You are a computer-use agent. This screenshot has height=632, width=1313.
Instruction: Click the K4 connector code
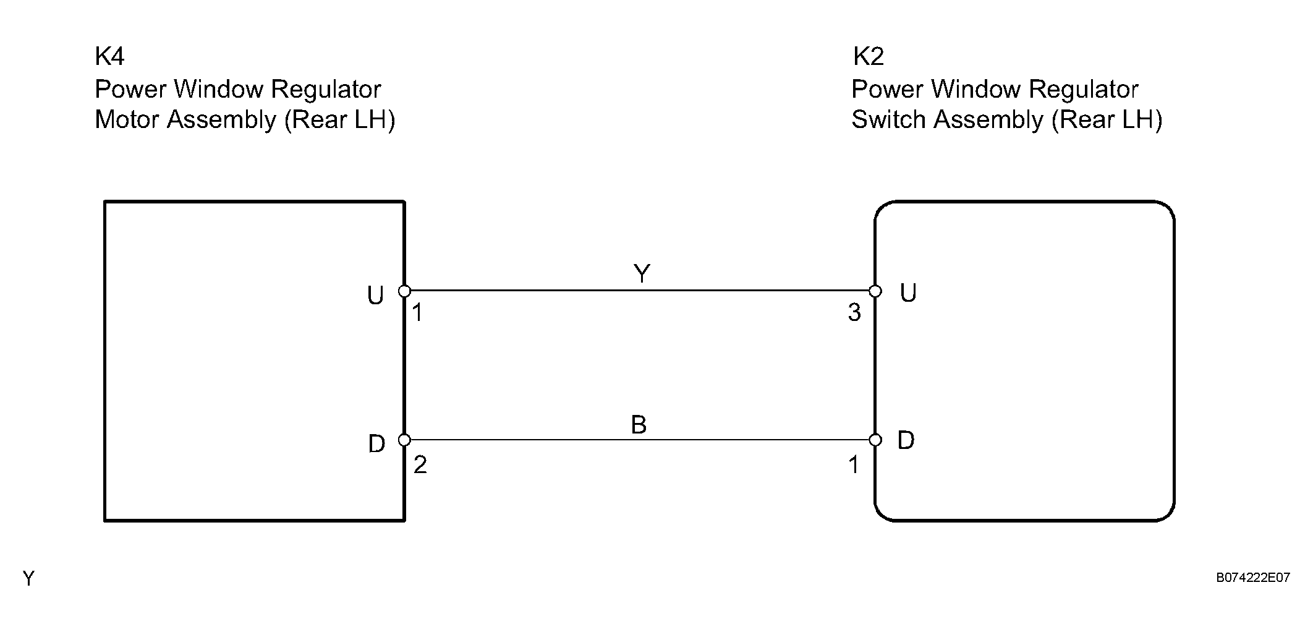coord(109,56)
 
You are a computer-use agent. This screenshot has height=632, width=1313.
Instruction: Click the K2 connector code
coord(869,56)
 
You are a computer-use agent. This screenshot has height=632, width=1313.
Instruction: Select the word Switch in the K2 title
coord(886,119)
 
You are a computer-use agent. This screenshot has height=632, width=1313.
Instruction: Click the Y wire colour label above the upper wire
coord(642,273)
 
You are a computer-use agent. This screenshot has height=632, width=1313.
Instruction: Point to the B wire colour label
coord(639,425)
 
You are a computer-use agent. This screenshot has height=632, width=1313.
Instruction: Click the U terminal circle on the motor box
coord(404,291)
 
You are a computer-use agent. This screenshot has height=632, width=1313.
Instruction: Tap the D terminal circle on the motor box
coord(404,440)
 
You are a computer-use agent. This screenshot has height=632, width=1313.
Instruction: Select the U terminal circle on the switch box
coord(875,291)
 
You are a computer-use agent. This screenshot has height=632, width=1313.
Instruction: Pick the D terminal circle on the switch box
coord(875,440)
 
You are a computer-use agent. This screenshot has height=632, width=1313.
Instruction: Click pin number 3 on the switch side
coord(854,313)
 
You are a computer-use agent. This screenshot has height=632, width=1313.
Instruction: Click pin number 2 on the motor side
coord(420,464)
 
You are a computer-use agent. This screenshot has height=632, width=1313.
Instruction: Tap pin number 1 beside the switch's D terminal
coord(854,464)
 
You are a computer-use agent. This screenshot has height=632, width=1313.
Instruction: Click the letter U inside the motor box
coord(375,296)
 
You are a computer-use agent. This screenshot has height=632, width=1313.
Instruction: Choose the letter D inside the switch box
coord(906,440)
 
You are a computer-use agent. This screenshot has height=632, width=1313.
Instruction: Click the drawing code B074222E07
coord(1253,578)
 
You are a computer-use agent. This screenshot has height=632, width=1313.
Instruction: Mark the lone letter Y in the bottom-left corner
coord(28,578)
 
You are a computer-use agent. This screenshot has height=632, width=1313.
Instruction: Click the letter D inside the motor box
coord(376,443)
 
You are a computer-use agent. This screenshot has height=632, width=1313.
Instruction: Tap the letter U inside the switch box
coord(908,293)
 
